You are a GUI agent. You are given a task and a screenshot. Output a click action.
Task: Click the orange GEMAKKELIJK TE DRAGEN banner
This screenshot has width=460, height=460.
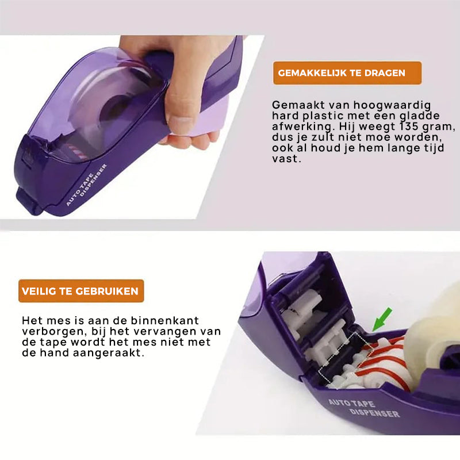coord(347,73)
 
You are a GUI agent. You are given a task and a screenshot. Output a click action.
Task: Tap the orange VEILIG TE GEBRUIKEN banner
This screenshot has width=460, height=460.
coord(81,291)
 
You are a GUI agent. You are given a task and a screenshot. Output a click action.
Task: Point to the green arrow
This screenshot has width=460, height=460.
coord(382,319)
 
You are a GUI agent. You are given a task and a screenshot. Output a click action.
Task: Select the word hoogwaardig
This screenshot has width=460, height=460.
coord(392,106)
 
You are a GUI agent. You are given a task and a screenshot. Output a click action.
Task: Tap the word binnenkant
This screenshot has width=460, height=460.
coord(165,320)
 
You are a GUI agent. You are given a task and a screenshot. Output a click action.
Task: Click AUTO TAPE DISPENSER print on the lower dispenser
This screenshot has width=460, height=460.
coord(364,408)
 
